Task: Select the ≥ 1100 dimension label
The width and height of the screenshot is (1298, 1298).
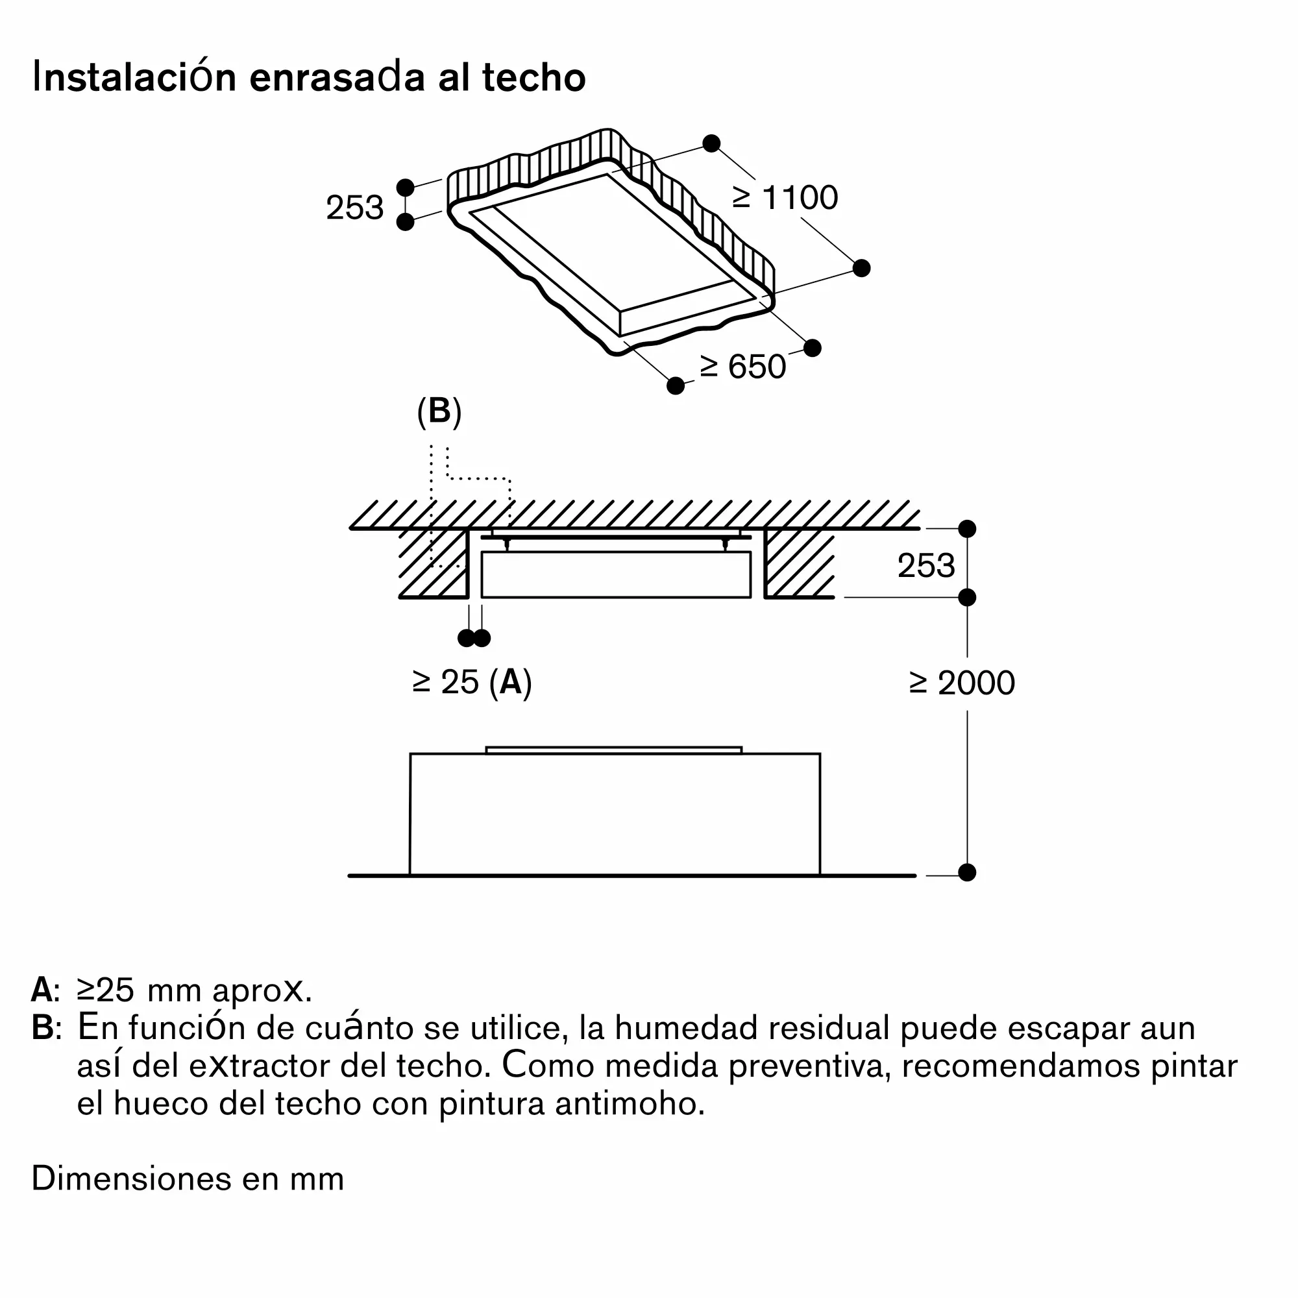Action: click(785, 197)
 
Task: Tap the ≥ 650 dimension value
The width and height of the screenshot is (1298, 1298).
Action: click(742, 367)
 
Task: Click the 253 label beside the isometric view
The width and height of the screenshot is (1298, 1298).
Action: click(355, 208)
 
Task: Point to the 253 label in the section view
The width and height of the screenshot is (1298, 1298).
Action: click(926, 566)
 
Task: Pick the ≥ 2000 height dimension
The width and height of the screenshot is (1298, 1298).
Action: click(962, 683)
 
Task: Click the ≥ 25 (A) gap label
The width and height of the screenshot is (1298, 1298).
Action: click(472, 683)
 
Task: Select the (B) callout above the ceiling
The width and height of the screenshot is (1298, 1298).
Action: click(439, 411)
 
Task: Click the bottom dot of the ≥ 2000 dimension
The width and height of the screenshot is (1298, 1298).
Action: click(967, 872)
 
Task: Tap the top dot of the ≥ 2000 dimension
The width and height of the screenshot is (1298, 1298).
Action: click(967, 529)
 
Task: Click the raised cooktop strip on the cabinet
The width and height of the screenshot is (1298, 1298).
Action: click(614, 750)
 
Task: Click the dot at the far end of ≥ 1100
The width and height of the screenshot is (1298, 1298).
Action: click(861, 268)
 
